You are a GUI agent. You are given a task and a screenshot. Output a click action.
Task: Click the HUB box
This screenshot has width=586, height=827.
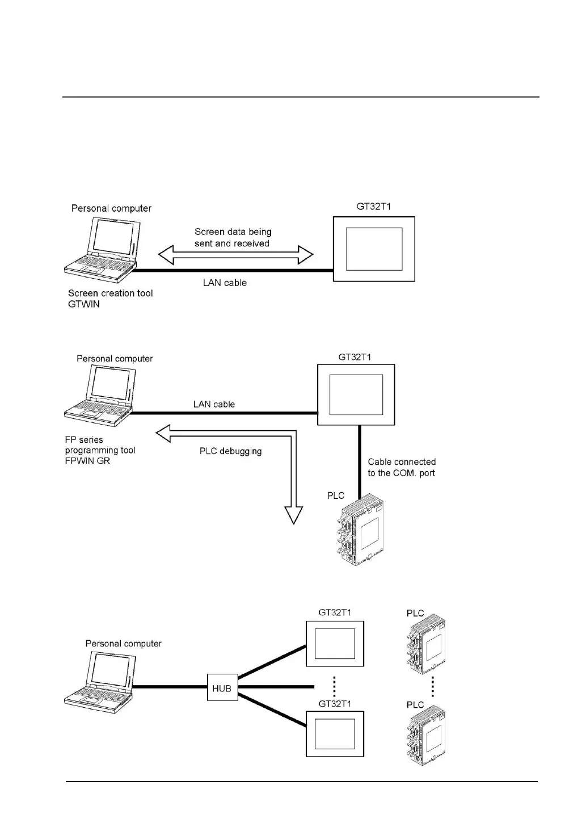[x=222, y=688]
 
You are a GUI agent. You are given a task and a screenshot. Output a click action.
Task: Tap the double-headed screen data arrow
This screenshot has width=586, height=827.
[x=235, y=256]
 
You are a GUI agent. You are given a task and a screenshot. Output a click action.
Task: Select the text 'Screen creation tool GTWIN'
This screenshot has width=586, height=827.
[x=110, y=299]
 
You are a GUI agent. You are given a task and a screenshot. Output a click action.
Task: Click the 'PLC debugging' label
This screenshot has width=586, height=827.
[x=230, y=451]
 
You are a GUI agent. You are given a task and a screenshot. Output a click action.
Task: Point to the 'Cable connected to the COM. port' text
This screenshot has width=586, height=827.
[x=402, y=467]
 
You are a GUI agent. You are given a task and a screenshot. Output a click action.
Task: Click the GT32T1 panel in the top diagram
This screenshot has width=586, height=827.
[x=374, y=249]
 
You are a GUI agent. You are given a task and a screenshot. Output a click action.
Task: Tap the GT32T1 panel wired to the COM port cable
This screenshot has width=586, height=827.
[x=356, y=394]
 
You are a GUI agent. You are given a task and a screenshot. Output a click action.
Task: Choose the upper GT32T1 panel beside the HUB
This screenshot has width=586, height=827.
[x=335, y=644]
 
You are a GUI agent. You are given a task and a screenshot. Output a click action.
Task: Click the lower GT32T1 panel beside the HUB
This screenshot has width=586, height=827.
[x=335, y=733]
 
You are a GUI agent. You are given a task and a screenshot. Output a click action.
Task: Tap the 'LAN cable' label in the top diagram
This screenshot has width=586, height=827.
[x=225, y=282]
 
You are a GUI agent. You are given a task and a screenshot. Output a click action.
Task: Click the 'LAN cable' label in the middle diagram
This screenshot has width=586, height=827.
[x=214, y=404]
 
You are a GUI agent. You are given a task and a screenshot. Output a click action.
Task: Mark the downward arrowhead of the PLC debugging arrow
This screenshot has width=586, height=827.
[x=293, y=514]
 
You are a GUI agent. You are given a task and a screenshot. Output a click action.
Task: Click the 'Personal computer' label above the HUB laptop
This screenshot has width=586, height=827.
[x=123, y=644]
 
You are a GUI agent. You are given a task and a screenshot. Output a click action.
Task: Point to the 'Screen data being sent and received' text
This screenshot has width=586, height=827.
[x=233, y=237]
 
